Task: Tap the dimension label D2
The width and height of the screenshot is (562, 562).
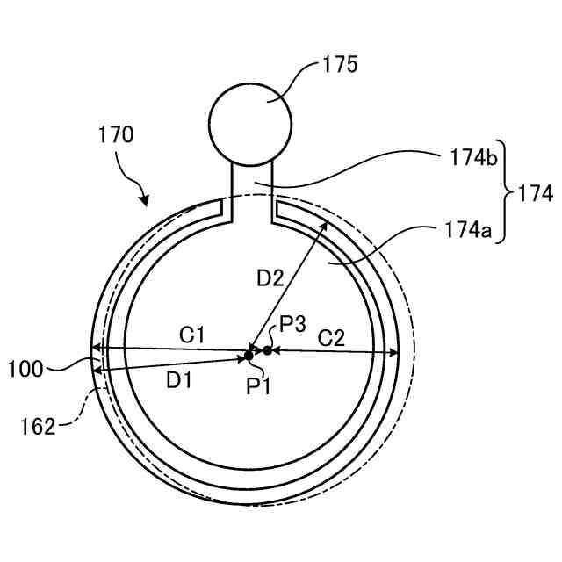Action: point(270,279)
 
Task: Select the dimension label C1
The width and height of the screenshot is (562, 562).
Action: point(192,334)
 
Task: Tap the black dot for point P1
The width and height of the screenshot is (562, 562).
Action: point(249,355)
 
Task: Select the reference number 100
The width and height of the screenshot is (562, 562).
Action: point(25,368)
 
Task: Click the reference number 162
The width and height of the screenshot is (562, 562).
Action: point(39,427)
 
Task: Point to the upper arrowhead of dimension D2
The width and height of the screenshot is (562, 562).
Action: point(327,224)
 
